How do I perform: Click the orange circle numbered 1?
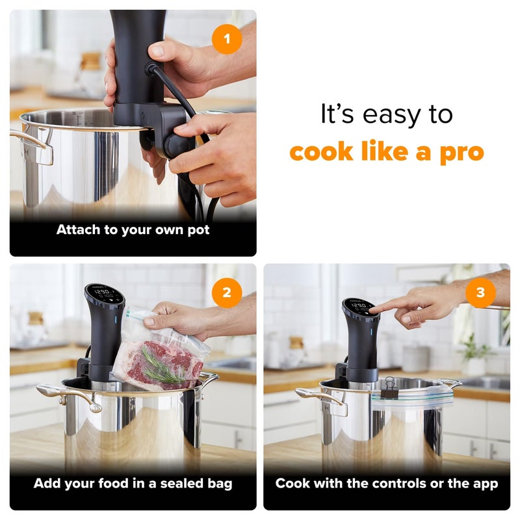tap(226, 40)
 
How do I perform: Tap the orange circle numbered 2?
tap(226, 292)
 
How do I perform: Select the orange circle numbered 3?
tap(480, 292)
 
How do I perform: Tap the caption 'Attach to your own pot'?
tap(133, 229)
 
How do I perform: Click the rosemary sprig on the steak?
tap(160, 368)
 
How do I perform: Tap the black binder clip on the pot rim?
tap(389, 388)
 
